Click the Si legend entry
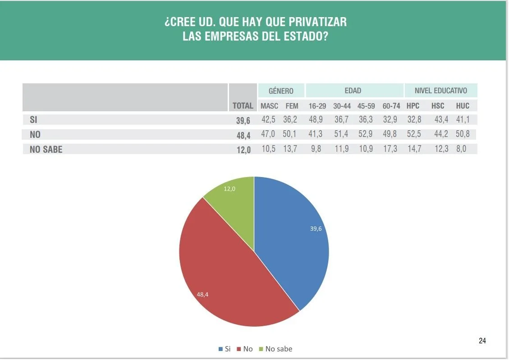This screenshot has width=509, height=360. tap(225, 349)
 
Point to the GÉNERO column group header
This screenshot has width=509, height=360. tap(281, 91)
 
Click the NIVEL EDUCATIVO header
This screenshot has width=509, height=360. tap(440, 91)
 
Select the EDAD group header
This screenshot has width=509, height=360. tap(353, 91)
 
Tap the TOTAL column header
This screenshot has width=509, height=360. tap(243, 106)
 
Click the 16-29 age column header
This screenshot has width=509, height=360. tap(317, 106)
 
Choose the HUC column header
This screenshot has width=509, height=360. tap(463, 106)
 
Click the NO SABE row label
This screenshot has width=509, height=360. tap(46, 150)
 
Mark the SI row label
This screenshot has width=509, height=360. tap(33, 119)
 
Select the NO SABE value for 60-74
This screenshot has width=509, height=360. tap(390, 149)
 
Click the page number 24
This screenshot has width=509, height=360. tap(482, 341)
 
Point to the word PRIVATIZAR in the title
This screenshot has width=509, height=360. tap(316, 22)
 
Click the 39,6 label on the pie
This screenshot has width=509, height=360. tap(316, 228)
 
